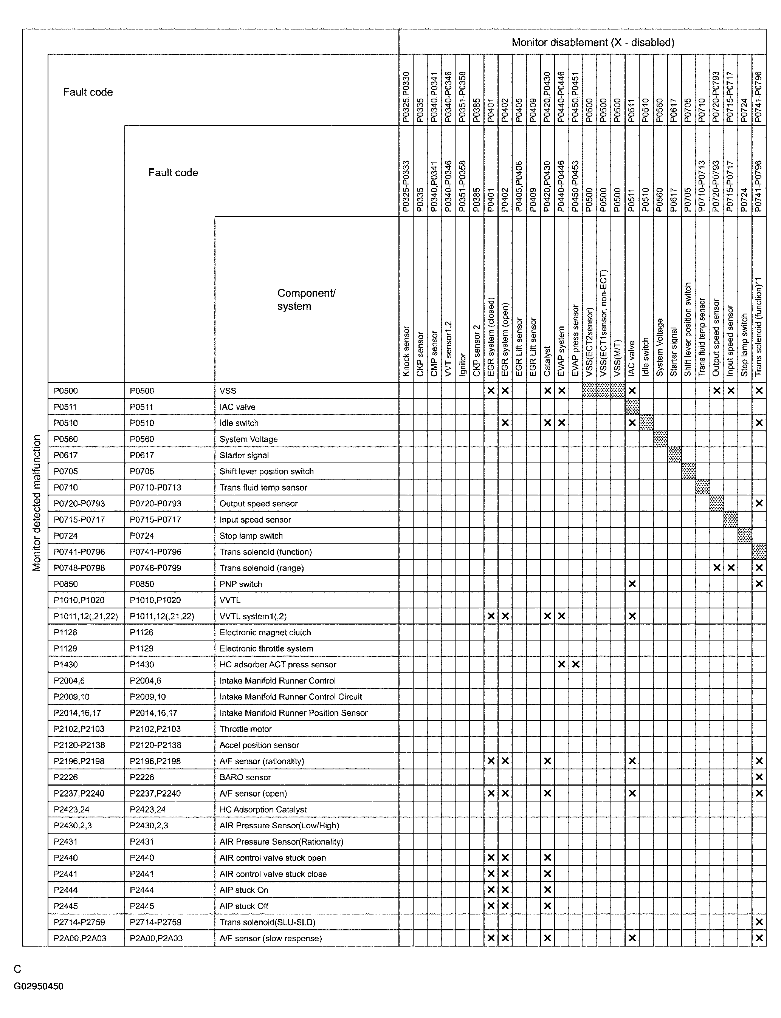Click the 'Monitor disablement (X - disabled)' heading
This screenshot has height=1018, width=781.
point(593,43)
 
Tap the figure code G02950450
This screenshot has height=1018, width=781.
point(39,986)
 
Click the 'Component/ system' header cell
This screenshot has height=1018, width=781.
point(306,300)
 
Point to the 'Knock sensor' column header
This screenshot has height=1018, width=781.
point(406,351)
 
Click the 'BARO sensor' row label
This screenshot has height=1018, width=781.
point(245,777)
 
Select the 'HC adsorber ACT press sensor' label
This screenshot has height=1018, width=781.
point(277,664)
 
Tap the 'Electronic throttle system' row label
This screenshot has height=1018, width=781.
point(267,648)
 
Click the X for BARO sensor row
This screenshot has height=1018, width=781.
point(759,777)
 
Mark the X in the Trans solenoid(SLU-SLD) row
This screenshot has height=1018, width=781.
point(759,922)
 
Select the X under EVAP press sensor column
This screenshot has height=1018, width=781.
point(575,664)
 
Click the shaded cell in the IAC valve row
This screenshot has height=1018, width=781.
point(632,407)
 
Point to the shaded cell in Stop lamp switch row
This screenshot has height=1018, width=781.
point(745,535)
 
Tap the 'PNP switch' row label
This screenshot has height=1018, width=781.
point(241,584)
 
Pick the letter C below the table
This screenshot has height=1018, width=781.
point(18,969)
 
